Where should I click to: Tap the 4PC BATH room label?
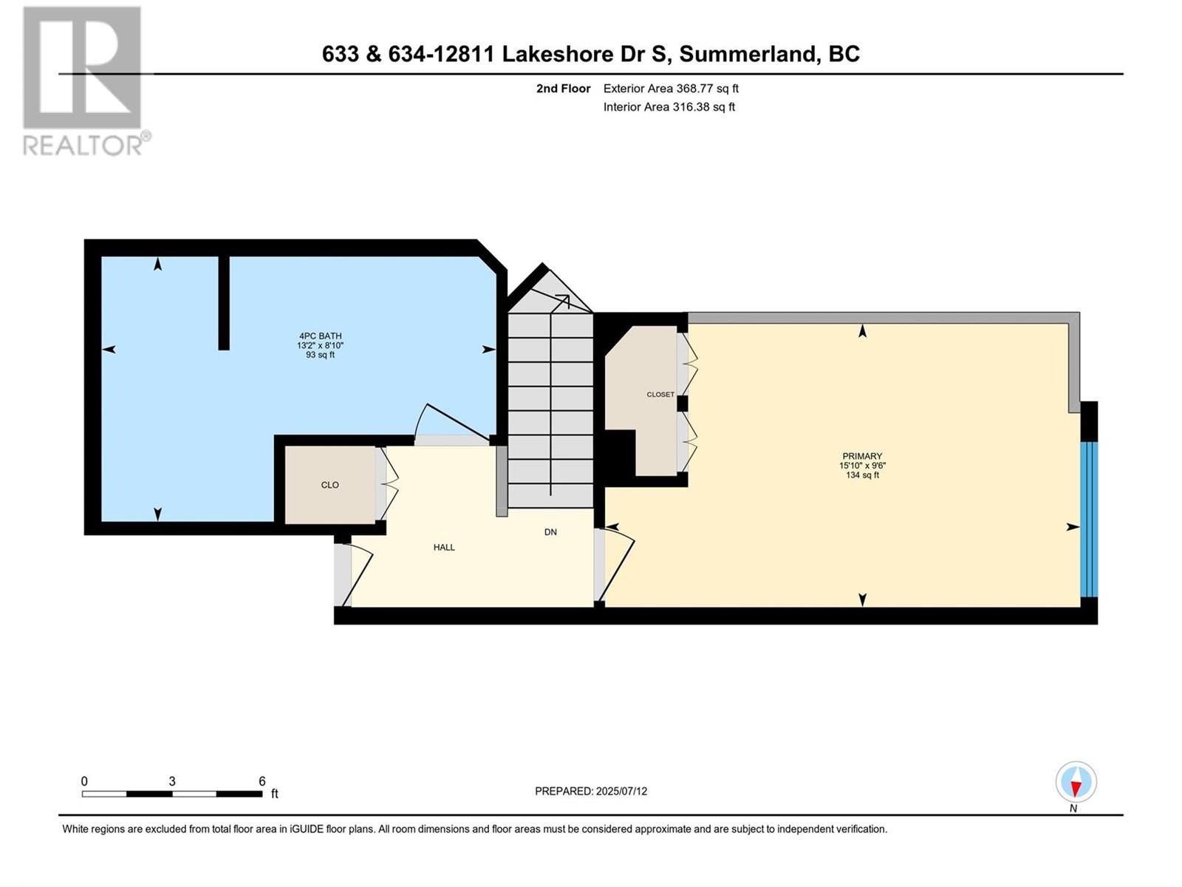320,336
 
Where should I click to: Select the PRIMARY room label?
861,456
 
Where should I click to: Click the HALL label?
444,548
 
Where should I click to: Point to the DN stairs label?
550,532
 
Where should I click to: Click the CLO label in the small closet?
329,485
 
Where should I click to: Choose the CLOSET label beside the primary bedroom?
660,395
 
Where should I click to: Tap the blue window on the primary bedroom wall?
1089,519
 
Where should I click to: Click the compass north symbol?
1076,783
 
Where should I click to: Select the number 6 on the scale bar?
262,781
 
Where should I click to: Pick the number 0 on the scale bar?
84,781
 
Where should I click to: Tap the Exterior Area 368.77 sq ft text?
671,89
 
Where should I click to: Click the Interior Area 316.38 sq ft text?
669,107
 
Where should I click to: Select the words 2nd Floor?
563,89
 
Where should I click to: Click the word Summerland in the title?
748,54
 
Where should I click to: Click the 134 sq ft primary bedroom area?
861,475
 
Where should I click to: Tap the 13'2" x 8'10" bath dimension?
320,345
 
